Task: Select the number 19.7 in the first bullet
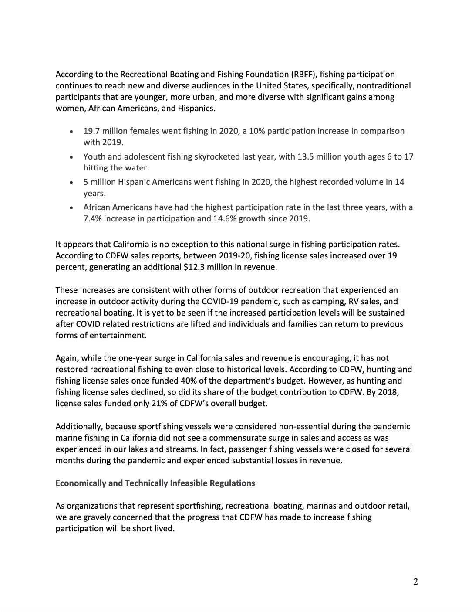91,131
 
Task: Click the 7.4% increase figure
94,219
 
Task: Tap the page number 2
415,581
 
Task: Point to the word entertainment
118,336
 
